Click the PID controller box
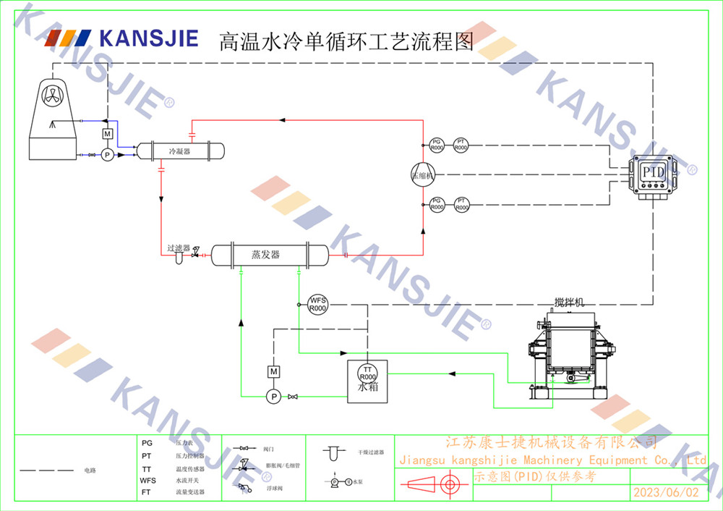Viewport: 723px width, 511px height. (653, 174)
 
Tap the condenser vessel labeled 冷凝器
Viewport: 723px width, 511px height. (180, 151)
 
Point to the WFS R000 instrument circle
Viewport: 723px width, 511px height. (318, 304)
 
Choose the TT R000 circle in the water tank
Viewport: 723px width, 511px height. (367, 373)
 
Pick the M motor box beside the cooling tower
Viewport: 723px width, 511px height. (107, 135)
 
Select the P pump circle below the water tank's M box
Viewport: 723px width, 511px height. (273, 397)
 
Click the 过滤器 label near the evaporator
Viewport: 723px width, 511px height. (179, 248)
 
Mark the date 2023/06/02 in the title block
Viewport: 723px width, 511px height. (666, 492)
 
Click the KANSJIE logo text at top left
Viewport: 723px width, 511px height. (148, 37)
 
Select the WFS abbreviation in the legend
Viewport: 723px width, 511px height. (147, 481)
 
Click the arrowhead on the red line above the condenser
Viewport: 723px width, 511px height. (283, 119)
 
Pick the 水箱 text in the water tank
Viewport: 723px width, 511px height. (367, 387)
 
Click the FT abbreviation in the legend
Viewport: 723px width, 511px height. (147, 491)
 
